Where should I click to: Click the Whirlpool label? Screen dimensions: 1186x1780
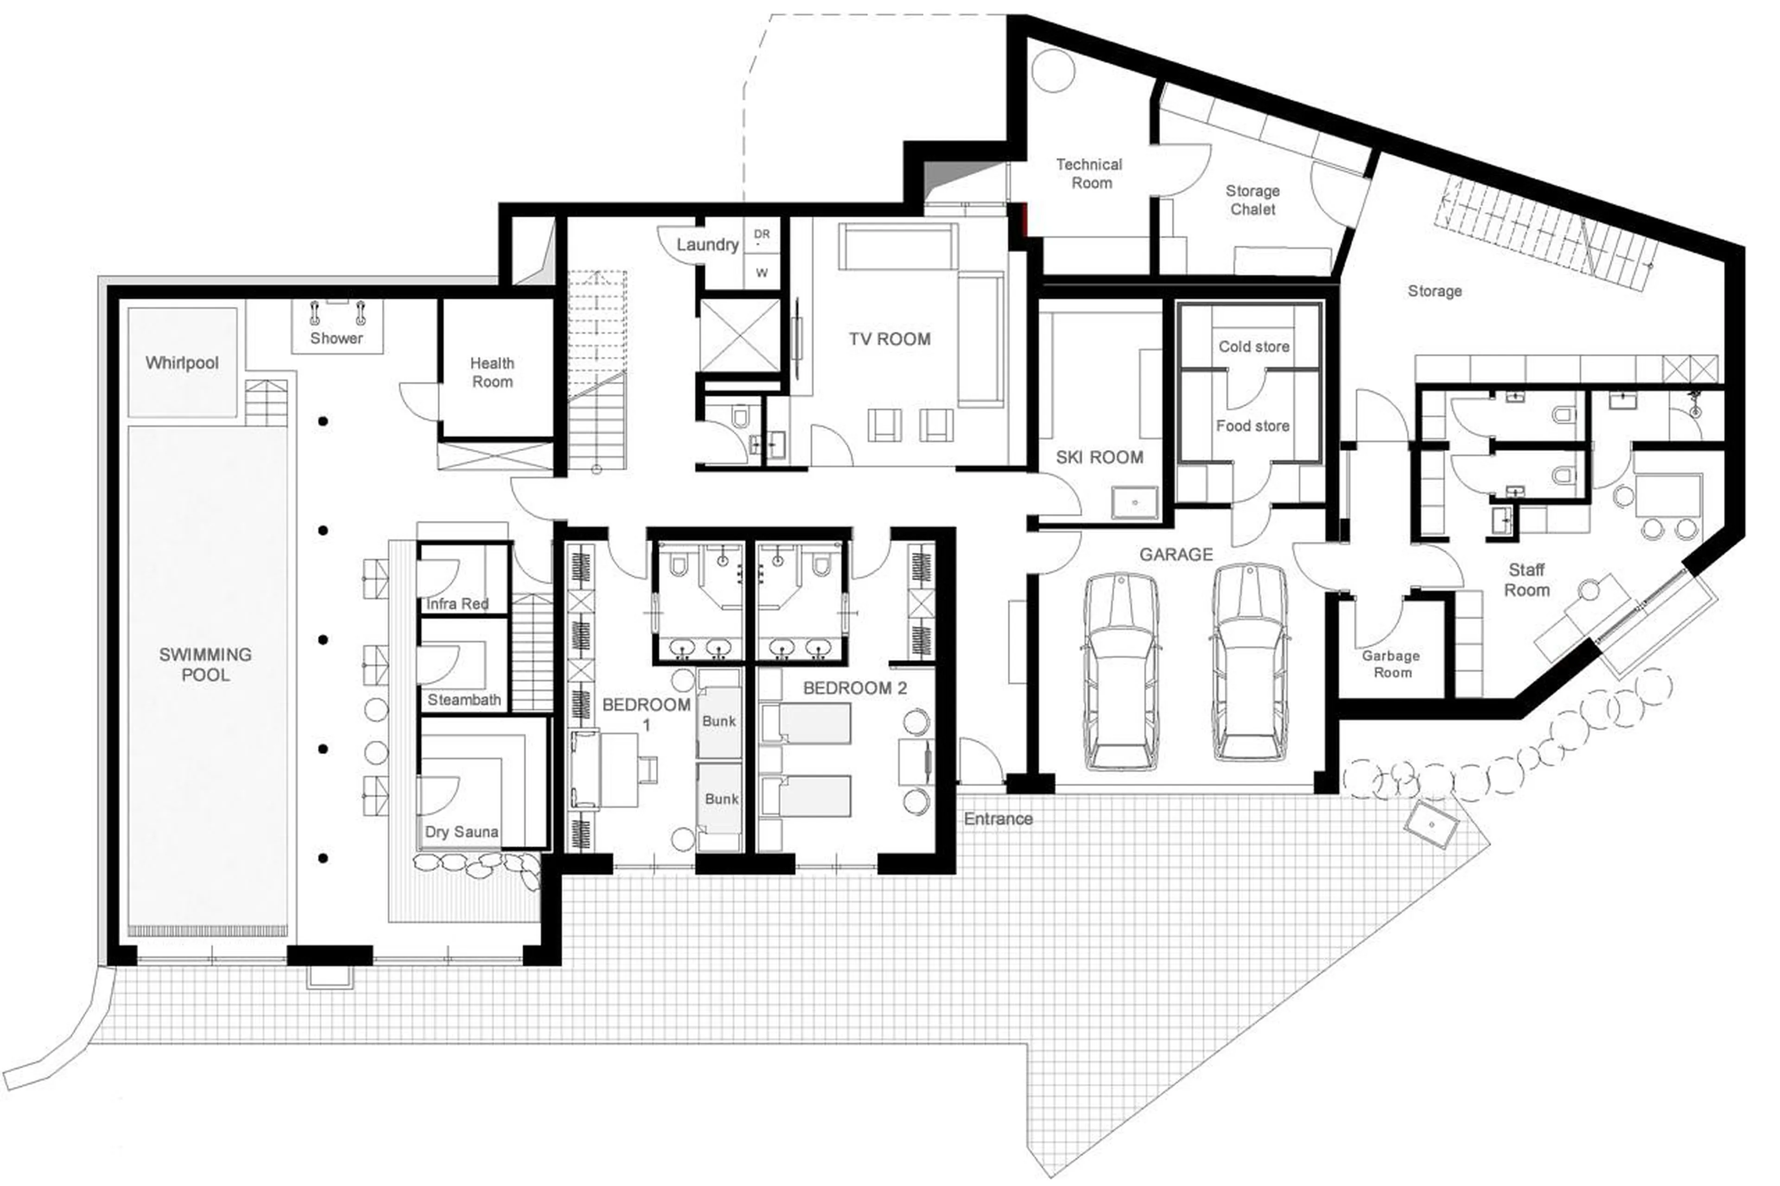182,363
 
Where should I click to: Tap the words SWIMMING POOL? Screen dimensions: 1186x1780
205,664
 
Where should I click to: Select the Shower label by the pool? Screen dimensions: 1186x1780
336,338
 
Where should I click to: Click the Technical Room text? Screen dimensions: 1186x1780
1089,173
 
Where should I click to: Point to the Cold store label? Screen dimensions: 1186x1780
1253,346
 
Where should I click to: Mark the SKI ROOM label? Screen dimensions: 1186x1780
1099,457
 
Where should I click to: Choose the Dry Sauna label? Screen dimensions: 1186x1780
461,832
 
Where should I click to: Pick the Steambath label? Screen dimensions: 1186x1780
464,700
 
